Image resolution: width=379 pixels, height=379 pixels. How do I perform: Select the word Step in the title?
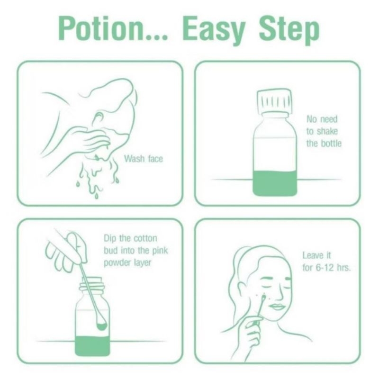[289, 30]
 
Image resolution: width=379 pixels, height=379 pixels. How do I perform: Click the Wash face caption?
[144, 159]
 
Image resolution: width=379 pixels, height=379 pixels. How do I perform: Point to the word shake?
[327, 131]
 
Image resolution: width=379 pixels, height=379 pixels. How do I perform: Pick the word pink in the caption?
[160, 251]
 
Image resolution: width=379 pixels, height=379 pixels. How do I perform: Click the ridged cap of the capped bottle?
[274, 101]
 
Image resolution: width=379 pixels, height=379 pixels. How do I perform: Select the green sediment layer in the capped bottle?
[275, 183]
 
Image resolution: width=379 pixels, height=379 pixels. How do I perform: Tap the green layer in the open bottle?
[92, 346]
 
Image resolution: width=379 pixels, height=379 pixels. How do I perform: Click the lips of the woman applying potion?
[278, 307]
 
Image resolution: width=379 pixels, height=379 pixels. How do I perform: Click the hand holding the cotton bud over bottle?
[66, 252]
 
